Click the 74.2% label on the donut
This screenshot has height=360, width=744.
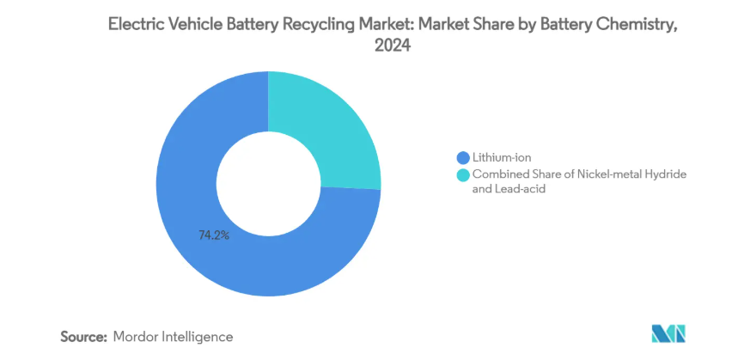click(x=214, y=235)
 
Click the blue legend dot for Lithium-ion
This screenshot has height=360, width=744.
click(x=464, y=157)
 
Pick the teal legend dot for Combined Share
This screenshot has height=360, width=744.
click(x=464, y=174)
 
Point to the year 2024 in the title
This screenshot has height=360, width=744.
click(x=393, y=47)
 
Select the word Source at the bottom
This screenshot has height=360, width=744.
click(x=82, y=337)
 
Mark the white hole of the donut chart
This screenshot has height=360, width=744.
click(x=267, y=182)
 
